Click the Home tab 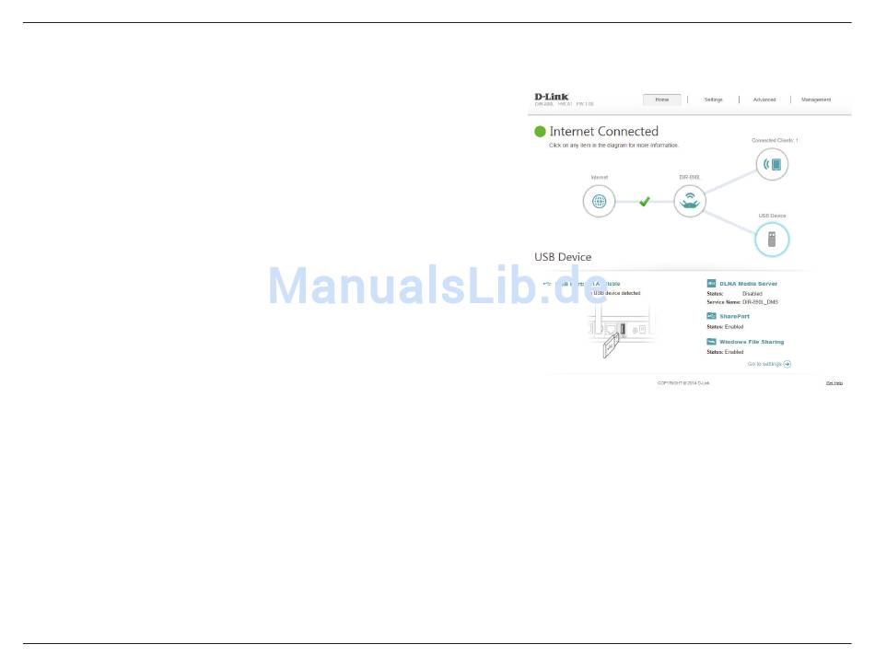[661, 100]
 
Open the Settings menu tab [714, 100]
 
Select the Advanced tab [764, 100]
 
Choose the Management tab [816, 100]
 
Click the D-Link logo [552, 96]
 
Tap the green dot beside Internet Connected [540, 132]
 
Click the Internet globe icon [599, 201]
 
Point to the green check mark [645, 201]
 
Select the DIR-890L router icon [690, 201]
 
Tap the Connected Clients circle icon [773, 164]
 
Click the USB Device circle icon [772, 240]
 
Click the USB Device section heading [563, 257]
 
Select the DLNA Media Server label [748, 284]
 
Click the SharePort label [734, 316]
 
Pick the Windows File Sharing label [751, 342]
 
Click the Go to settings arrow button [787, 364]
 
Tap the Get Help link [834, 382]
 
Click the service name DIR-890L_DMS [760, 302]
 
